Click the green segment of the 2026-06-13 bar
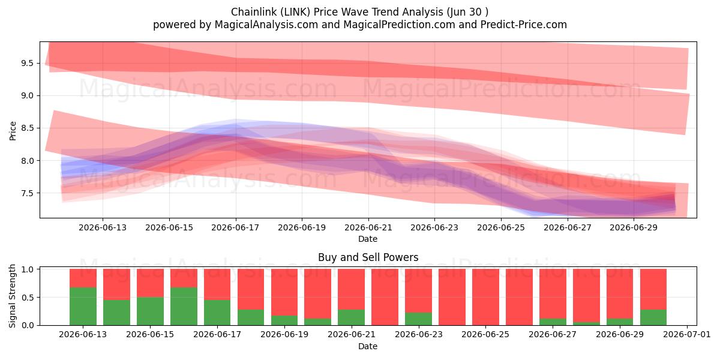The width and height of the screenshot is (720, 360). click(x=83, y=306)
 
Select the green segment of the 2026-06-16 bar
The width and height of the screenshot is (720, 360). click(x=184, y=306)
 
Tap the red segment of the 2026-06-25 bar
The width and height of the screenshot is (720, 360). click(x=485, y=297)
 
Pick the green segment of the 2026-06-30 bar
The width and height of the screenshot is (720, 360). click(x=653, y=317)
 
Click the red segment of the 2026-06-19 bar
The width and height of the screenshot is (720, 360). click(x=284, y=292)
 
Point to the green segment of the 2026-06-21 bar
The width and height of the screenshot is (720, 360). click(x=352, y=317)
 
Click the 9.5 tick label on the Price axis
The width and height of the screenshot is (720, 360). click(x=28, y=64)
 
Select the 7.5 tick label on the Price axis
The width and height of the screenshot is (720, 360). click(x=28, y=193)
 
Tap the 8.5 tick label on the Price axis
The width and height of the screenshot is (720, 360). click(x=28, y=128)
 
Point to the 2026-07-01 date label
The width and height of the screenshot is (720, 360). click(x=687, y=334)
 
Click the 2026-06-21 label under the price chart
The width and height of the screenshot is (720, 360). click(x=368, y=227)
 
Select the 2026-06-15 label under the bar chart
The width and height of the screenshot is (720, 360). click(x=150, y=334)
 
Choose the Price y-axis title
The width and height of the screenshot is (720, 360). click(x=13, y=131)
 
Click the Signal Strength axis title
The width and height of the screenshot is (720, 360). click(x=12, y=296)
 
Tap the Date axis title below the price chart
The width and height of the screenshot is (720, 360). click(x=368, y=239)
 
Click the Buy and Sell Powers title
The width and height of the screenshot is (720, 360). click(x=368, y=257)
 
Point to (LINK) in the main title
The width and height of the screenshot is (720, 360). click(x=295, y=12)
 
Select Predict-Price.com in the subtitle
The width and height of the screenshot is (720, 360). click(x=524, y=25)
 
